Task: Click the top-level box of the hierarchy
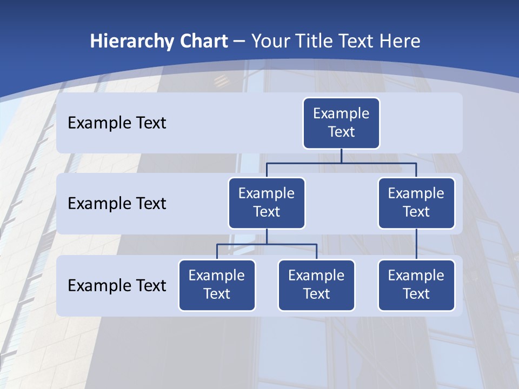pyautogui.click(x=341, y=123)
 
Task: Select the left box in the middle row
pyautogui.click(x=267, y=203)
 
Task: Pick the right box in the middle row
pyautogui.click(x=416, y=203)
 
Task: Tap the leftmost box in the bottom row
pyautogui.click(x=217, y=285)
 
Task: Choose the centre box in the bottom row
pyautogui.click(x=316, y=285)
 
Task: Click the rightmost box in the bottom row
pyautogui.click(x=416, y=285)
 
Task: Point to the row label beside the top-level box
pyautogui.click(x=117, y=123)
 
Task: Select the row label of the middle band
pyautogui.click(x=117, y=204)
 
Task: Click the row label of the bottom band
pyautogui.click(x=117, y=285)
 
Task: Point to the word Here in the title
pyautogui.click(x=400, y=41)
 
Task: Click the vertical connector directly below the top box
pyautogui.click(x=341, y=156)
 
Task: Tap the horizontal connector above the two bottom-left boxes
pyautogui.click(x=267, y=244)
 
